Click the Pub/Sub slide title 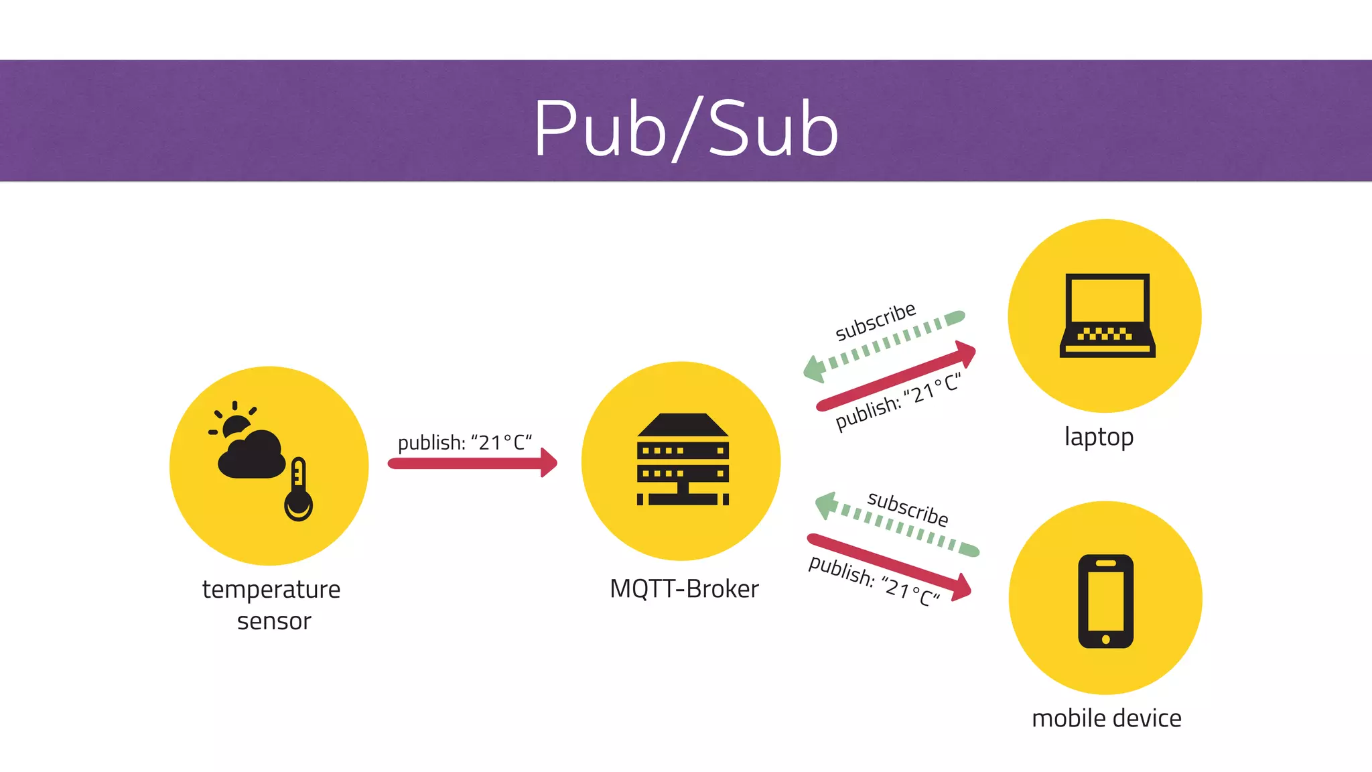tap(685, 127)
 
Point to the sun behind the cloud tap(235, 425)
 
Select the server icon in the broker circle tap(682, 460)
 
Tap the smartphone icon tap(1105, 601)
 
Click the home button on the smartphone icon tap(1105, 639)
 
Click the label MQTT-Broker tap(684, 589)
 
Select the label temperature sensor tap(272, 604)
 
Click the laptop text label tap(1099, 437)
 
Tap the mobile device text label tap(1106, 718)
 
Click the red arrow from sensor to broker tap(472, 463)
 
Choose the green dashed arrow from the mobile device tap(898, 526)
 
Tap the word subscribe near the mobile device tap(908, 509)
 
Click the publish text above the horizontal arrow tap(464, 442)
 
